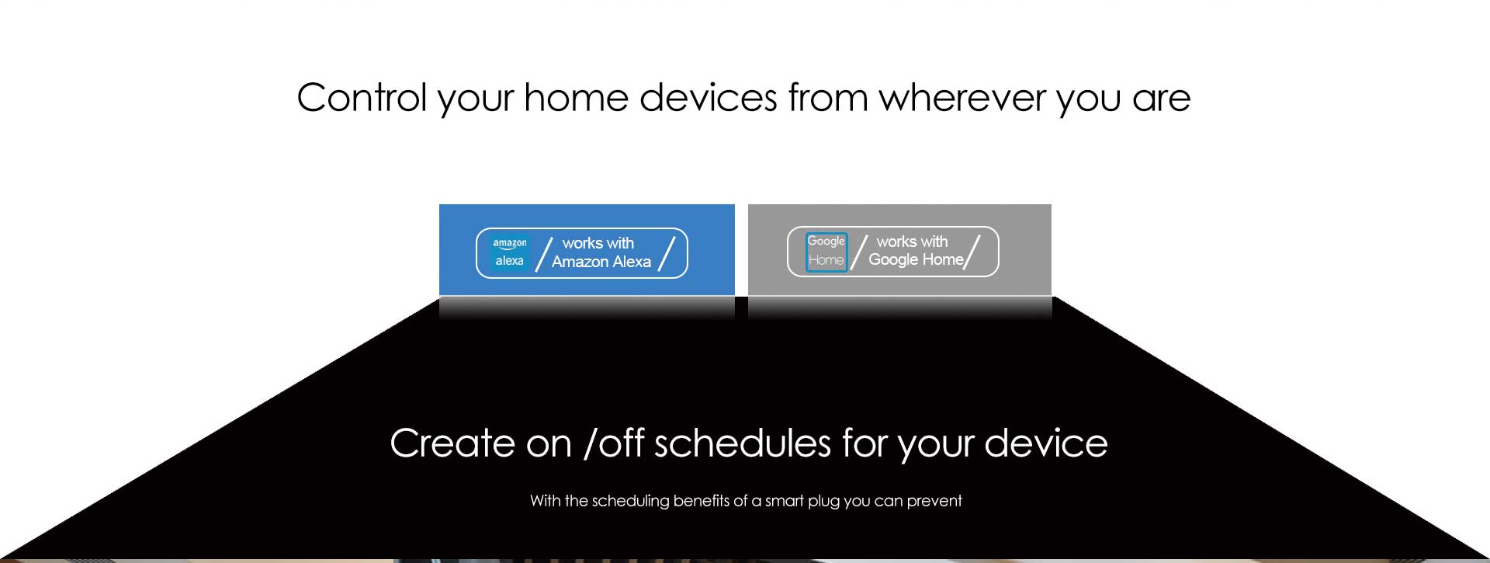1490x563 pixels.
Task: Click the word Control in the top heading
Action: pos(362,98)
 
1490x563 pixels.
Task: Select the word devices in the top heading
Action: pos(708,98)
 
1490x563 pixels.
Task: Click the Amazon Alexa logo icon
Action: pos(510,252)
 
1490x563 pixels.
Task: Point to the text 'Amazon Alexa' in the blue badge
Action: pos(601,262)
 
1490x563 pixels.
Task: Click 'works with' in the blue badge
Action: pos(598,243)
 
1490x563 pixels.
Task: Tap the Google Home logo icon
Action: pos(826,252)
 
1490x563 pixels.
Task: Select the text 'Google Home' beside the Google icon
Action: pos(916,260)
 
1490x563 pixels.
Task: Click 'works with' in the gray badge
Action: pos(912,242)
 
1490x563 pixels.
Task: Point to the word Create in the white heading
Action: pos(452,443)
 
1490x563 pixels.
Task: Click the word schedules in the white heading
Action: pos(743,443)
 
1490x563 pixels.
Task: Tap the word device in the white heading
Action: pos(1046,443)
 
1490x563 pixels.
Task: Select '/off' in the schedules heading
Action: pos(614,443)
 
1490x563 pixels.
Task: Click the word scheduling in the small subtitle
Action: pos(631,501)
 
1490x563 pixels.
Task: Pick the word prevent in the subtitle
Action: pos(934,502)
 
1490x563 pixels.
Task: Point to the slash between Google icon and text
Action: pos(859,252)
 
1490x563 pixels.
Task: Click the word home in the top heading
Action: pos(576,98)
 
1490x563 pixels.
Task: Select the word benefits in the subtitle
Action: pos(702,501)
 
